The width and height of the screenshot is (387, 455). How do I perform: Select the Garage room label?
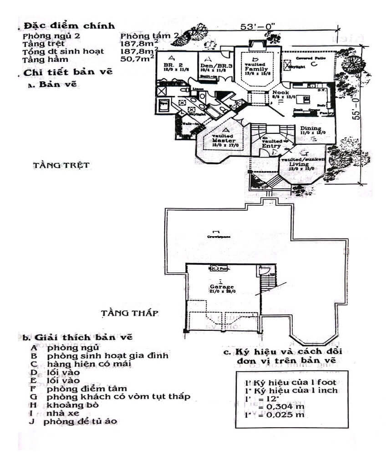[222, 287]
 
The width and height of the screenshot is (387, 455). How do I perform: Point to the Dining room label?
[311, 129]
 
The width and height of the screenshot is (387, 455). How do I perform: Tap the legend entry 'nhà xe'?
[63, 413]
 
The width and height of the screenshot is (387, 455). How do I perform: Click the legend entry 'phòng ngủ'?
[73, 347]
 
